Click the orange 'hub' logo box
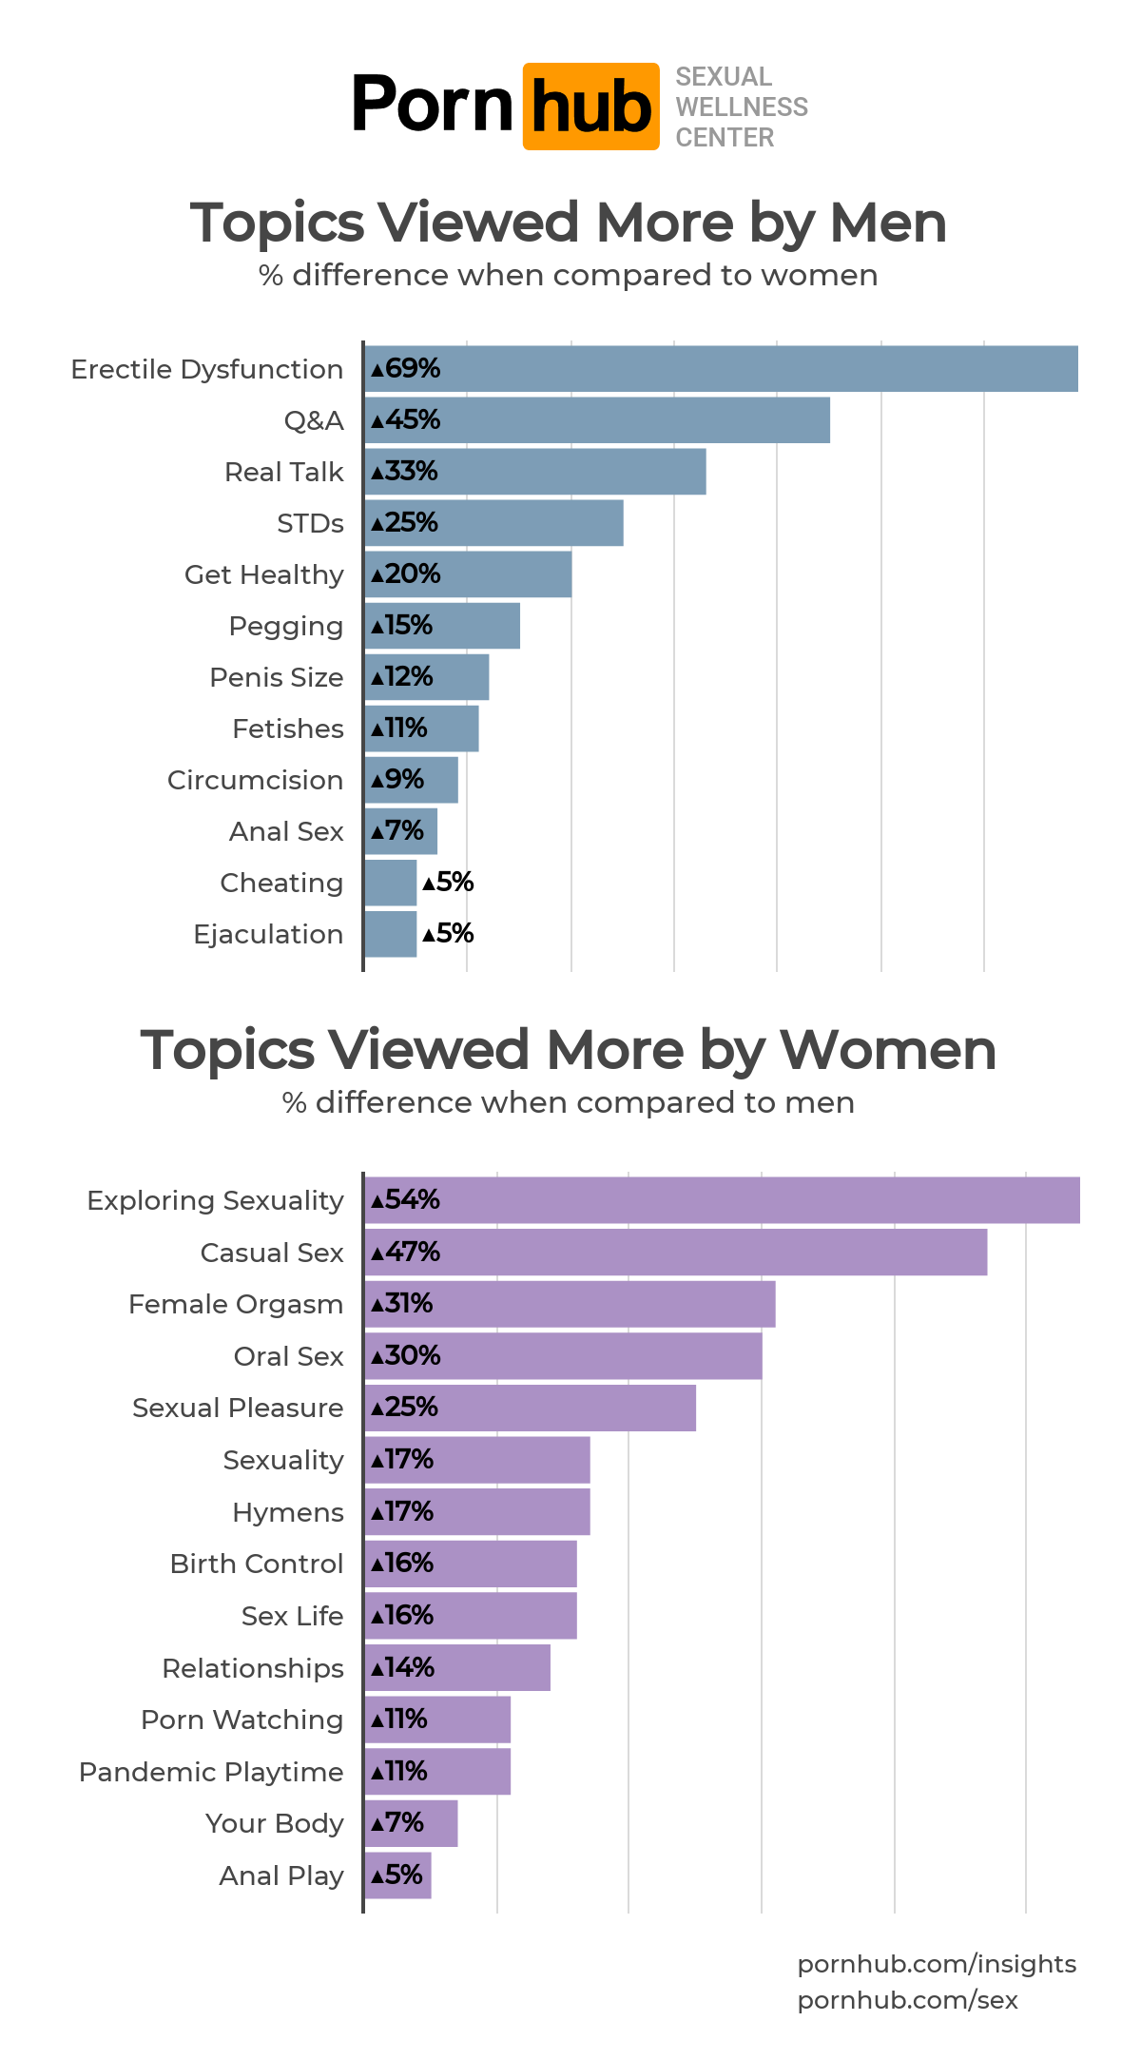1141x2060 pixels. [590, 107]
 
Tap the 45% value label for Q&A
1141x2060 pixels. [406, 420]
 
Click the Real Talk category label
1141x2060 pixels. [283, 472]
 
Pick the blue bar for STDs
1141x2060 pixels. [493, 523]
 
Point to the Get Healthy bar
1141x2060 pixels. [468, 574]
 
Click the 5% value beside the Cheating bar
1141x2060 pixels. [448, 883]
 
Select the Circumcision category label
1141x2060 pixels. [255, 780]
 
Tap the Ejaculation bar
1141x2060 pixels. [390, 934]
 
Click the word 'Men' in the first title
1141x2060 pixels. [887, 223]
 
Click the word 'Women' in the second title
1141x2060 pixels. [887, 1051]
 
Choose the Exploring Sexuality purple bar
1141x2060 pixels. [722, 1200]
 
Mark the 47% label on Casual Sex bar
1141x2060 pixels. [406, 1253]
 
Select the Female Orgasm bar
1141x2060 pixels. [570, 1304]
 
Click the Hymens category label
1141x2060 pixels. [287, 1512]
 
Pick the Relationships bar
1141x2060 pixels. [457, 1667]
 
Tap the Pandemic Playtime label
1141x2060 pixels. [211, 1772]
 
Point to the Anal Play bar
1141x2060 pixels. [397, 1875]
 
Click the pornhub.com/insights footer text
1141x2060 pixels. [937, 1964]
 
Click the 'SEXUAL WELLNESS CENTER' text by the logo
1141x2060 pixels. [741, 107]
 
